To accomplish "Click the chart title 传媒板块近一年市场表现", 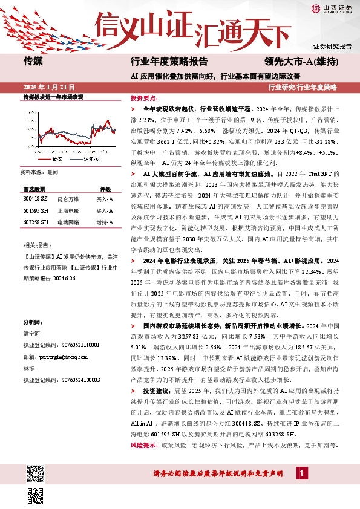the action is click(53, 97).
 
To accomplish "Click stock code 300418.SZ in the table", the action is click(36, 199).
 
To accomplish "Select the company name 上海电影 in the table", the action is click(70, 210).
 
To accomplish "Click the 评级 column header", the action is click(105, 188).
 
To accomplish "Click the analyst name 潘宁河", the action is click(31, 334).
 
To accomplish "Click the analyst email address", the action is click(61, 357).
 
